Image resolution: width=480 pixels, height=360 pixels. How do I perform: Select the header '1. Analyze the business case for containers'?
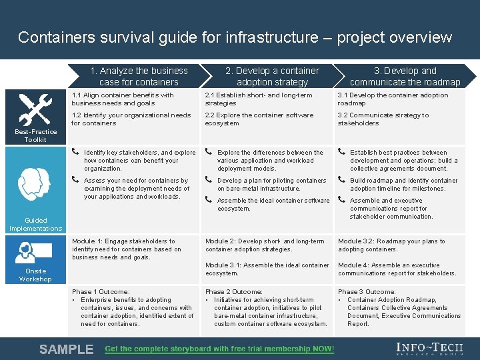[139, 76]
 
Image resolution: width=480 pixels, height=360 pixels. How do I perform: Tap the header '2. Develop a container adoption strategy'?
[272, 76]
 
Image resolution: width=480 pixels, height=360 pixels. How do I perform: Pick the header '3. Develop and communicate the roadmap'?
[405, 76]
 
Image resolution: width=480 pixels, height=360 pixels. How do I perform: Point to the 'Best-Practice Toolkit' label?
[35, 135]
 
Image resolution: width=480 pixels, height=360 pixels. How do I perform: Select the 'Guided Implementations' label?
[35, 224]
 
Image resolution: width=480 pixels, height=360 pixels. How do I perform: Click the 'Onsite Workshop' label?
[35, 275]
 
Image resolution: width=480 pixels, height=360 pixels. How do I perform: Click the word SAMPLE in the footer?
[66, 349]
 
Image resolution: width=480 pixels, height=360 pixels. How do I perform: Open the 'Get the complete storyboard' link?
[219, 349]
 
